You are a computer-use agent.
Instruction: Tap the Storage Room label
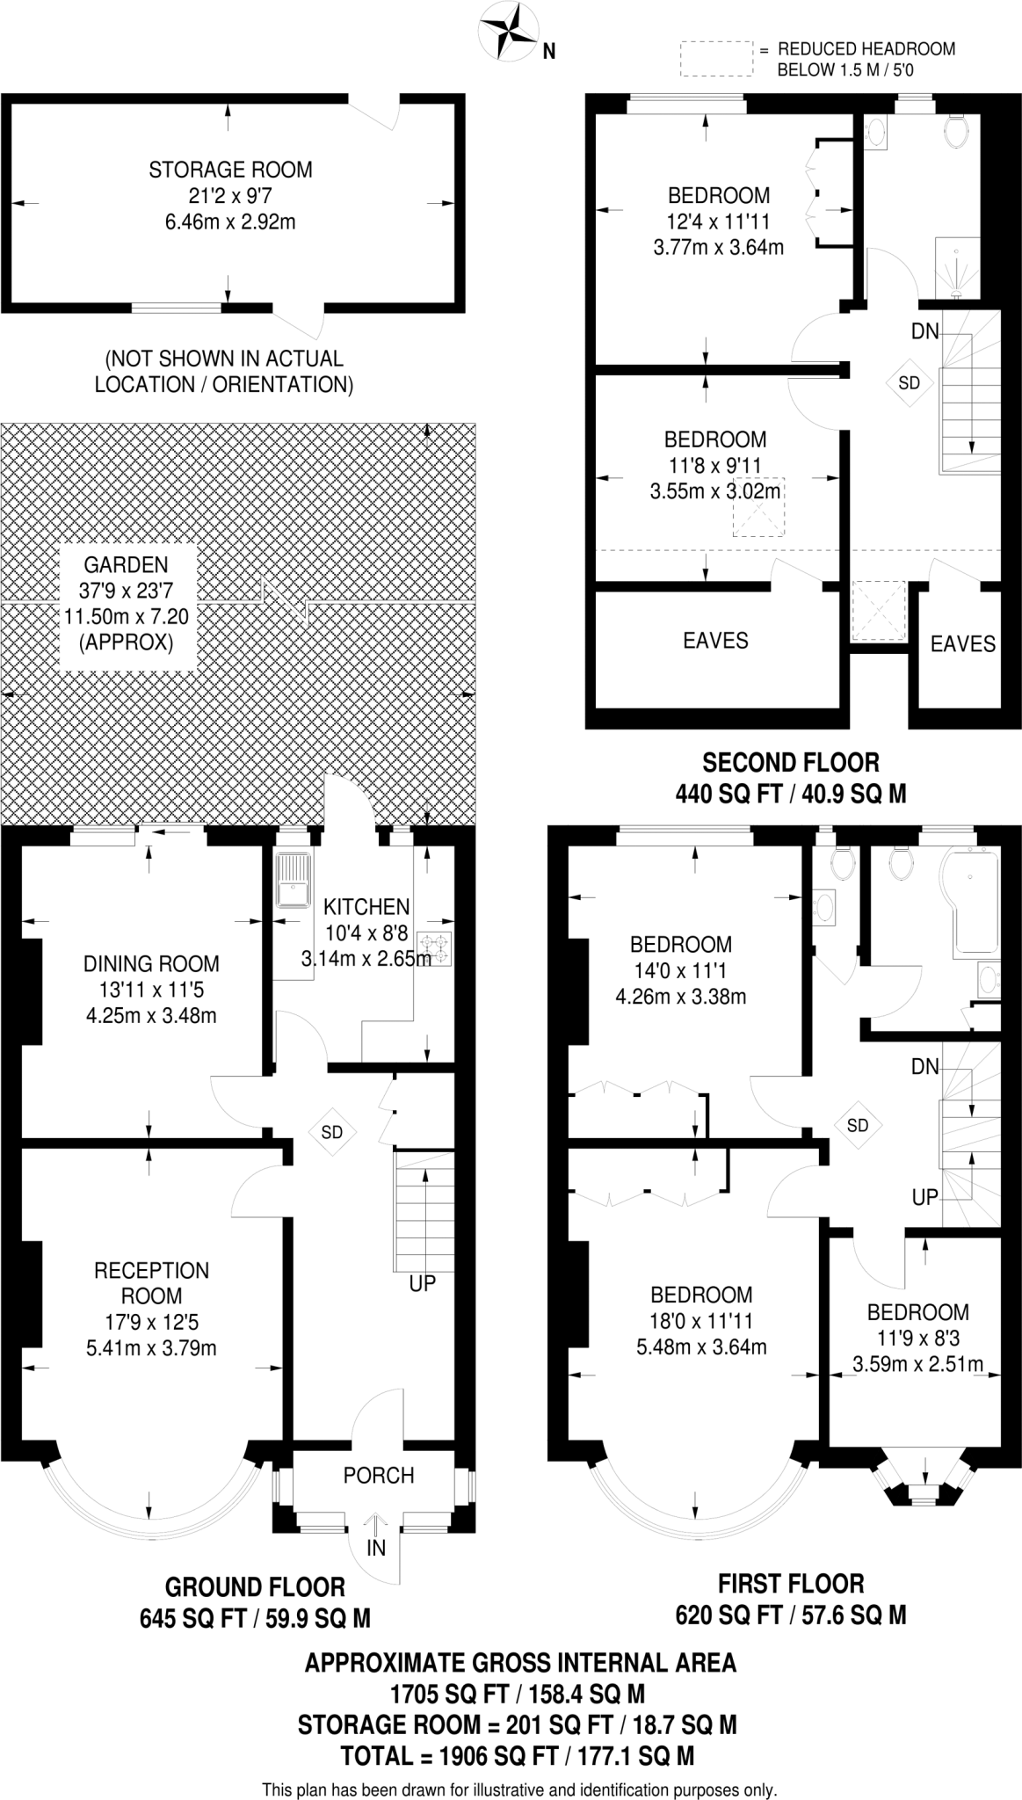tap(230, 170)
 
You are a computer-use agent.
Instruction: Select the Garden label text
tap(126, 564)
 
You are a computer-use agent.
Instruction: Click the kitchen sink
tap(293, 879)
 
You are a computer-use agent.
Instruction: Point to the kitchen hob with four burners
tap(435, 947)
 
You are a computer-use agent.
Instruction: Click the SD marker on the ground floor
tap(331, 1132)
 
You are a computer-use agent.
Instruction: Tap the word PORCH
tap(379, 1476)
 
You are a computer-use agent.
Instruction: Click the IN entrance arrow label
tap(376, 1548)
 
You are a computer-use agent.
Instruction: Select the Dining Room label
tap(151, 964)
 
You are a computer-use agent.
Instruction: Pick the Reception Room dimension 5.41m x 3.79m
tap(151, 1347)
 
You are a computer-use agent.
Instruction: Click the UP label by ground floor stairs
tap(423, 1283)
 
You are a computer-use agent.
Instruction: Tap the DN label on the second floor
tap(925, 331)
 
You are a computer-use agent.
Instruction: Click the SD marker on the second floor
tap(909, 382)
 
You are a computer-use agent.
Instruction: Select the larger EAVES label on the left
tap(715, 641)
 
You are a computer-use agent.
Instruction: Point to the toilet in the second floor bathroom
tap(955, 131)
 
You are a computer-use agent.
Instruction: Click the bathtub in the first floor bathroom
tap(970, 902)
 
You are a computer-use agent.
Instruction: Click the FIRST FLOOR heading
tap(791, 1584)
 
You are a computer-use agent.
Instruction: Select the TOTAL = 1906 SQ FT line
tap(518, 1756)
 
